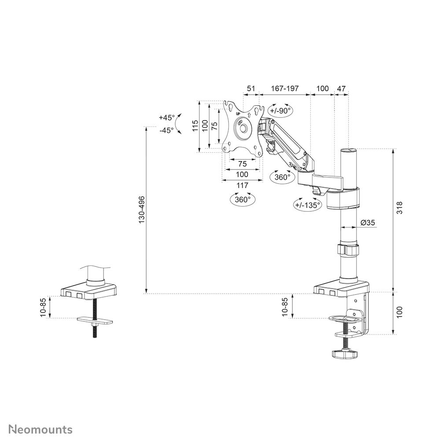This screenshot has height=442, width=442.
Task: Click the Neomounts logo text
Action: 41,429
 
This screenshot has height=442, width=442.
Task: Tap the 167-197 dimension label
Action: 285,88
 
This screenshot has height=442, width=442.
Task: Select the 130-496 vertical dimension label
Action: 141,210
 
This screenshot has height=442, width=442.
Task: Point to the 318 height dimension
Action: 399,208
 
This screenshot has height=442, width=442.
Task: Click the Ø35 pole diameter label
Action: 368,222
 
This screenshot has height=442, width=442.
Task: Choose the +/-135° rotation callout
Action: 308,205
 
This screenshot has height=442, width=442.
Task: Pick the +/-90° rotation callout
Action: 280,110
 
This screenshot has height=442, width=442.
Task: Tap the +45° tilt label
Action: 166,117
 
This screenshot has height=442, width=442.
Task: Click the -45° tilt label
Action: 166,130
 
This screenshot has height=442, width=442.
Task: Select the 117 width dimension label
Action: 242,185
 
